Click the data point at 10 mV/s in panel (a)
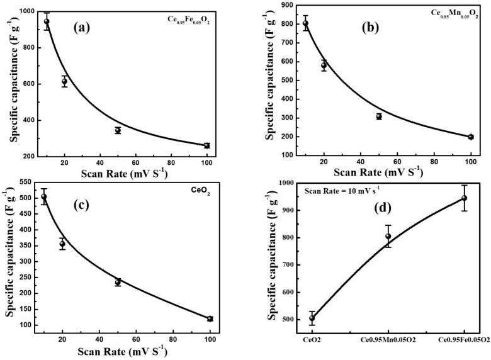pos(47,22)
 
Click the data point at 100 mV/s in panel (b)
pos(470,137)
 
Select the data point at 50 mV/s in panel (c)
pos(118,281)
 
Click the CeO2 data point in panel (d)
pos(312,318)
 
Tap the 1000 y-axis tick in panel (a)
pos(25,11)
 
